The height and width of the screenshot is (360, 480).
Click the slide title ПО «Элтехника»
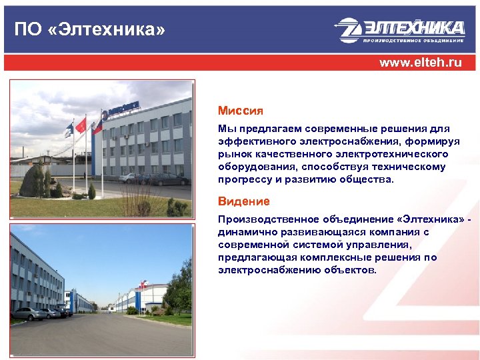click(89, 30)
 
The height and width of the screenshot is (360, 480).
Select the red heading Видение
click(243, 201)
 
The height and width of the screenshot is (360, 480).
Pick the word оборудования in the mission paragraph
click(254, 167)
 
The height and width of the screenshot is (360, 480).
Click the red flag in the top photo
click(81, 124)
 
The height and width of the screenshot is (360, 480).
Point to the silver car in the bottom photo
click(29, 313)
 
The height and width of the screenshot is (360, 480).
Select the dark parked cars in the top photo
click(155, 178)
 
